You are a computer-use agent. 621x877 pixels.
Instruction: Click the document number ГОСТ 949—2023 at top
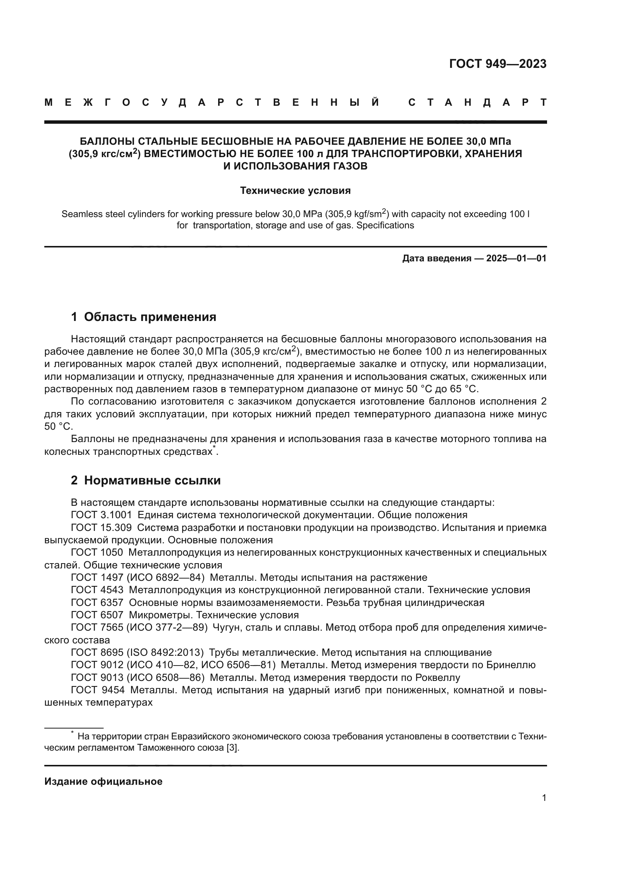coord(497,64)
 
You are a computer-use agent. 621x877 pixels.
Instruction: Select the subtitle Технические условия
coord(295,190)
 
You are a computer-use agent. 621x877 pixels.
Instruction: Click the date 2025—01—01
coord(516,259)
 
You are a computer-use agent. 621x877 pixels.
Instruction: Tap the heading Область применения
coord(150,317)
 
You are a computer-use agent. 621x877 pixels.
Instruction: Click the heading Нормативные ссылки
coord(152,481)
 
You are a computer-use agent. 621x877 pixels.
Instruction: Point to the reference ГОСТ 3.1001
coord(101,515)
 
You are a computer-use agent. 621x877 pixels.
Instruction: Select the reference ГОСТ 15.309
coord(101,528)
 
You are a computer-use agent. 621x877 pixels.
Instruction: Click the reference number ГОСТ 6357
coord(97,603)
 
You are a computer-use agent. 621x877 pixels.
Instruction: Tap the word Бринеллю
coord(511,665)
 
